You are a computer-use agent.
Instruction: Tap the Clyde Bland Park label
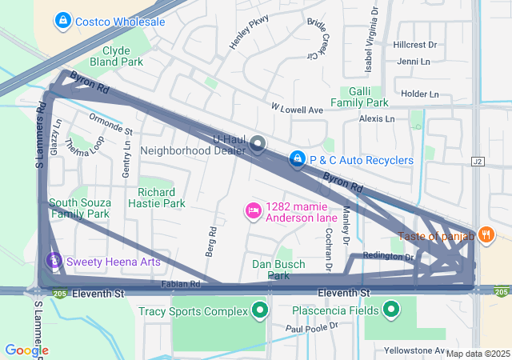pyautogui.click(x=122, y=56)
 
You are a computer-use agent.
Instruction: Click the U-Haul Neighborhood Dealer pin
pyautogui.click(x=258, y=145)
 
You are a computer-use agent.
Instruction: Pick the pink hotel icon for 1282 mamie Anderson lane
pyautogui.click(x=253, y=210)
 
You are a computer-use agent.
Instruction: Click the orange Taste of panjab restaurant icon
pyautogui.click(x=486, y=234)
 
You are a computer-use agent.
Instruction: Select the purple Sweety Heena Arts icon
pyautogui.click(x=54, y=261)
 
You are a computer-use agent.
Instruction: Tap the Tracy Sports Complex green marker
pyautogui.click(x=258, y=310)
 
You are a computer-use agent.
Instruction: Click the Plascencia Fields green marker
pyautogui.click(x=391, y=310)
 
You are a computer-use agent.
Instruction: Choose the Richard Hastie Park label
pyautogui.click(x=156, y=198)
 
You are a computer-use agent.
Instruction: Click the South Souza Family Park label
pyautogui.click(x=78, y=208)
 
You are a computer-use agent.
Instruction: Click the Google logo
pyautogui.click(x=26, y=350)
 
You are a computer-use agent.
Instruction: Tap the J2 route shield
pyautogui.click(x=478, y=161)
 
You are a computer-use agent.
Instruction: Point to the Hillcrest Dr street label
pyautogui.click(x=414, y=46)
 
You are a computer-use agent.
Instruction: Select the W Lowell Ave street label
pyautogui.click(x=296, y=108)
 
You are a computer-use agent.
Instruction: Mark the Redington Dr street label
pyautogui.click(x=388, y=256)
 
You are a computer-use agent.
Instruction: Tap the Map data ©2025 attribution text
pyautogui.click(x=478, y=354)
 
